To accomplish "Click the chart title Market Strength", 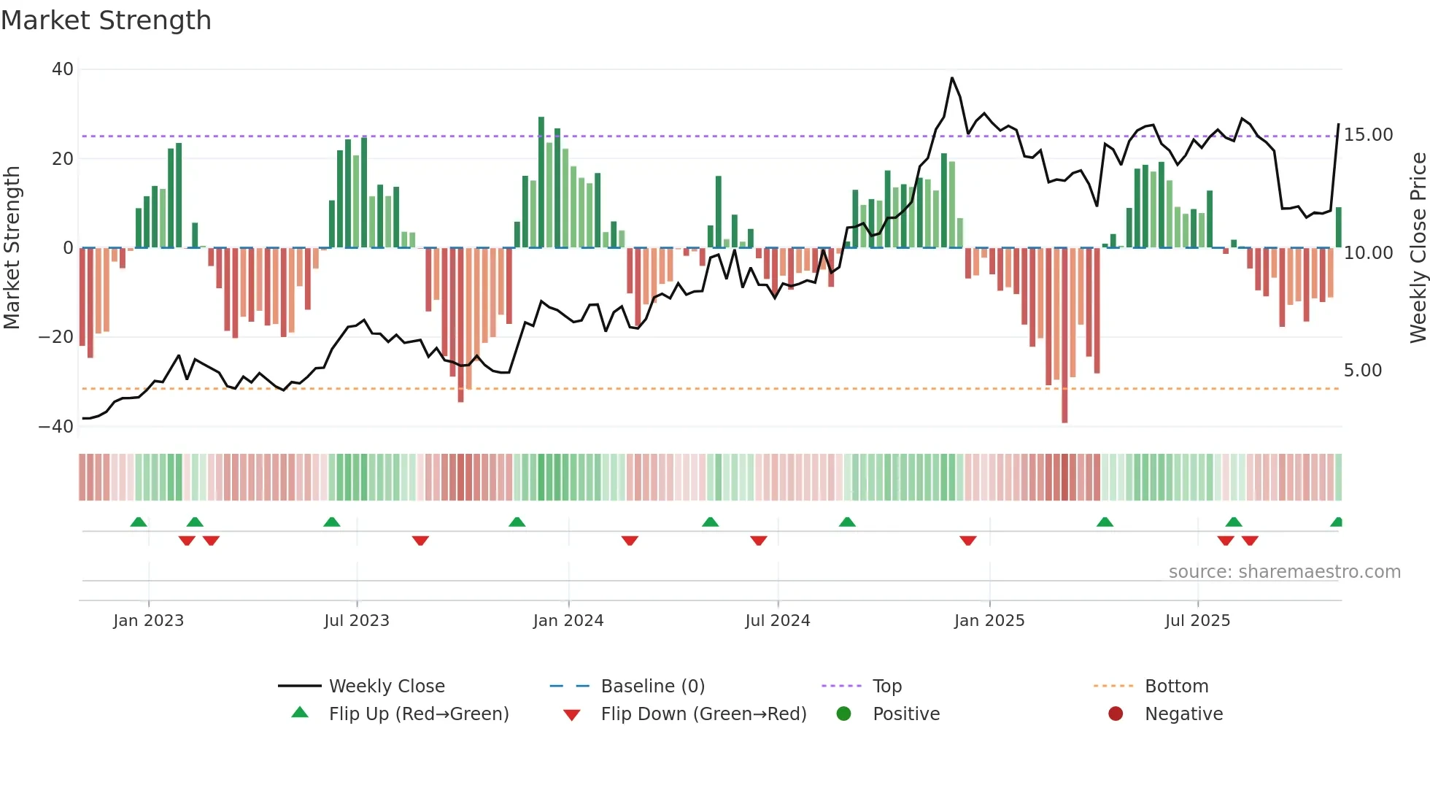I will point(106,20).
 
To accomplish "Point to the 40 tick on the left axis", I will point(63,69).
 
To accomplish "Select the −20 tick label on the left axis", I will point(56,337).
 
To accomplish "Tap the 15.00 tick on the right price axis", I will point(1368,135).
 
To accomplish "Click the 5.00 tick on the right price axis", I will point(1362,371).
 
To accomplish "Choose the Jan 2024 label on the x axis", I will point(568,621).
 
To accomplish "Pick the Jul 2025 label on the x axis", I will point(1197,621).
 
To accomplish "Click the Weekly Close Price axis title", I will point(1418,248).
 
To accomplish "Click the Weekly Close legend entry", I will point(386,687).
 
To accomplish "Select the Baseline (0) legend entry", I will point(652,687).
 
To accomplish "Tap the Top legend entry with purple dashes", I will point(886,687).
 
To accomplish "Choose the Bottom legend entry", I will point(1176,687).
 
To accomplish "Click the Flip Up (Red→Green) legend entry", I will point(418,714).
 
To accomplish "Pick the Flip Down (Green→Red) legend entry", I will point(703,714).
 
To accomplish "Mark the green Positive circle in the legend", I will point(844,714).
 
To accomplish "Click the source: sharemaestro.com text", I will point(1284,572).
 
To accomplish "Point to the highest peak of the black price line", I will point(951,78).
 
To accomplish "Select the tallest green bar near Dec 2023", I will point(541,182).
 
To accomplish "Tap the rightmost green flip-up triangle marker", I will point(1337,522).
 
